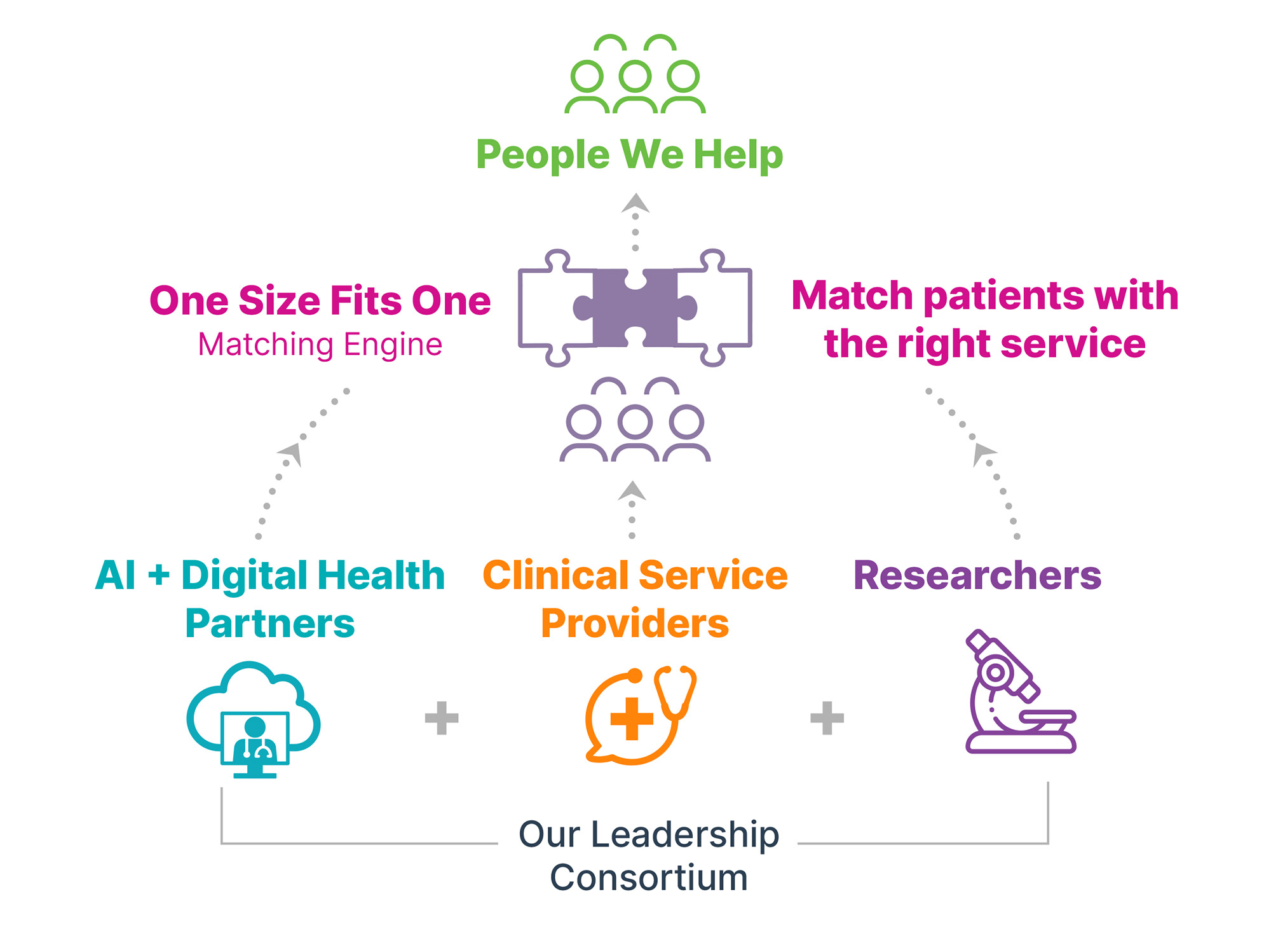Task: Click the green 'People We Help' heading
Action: click(x=629, y=155)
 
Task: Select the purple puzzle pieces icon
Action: click(x=635, y=308)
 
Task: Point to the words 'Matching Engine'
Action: click(x=320, y=345)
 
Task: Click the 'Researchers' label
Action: click(x=977, y=575)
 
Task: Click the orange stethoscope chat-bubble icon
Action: click(x=639, y=715)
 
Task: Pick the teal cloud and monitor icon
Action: click(x=254, y=719)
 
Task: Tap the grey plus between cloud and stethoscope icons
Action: click(x=442, y=718)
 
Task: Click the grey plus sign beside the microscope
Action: click(x=827, y=718)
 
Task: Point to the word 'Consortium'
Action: click(x=648, y=878)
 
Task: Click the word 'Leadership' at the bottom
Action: click(x=684, y=834)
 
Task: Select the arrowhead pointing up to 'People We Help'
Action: click(x=635, y=203)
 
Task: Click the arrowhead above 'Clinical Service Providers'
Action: click(x=632, y=492)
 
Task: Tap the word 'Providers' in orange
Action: click(x=634, y=623)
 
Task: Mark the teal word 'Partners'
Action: click(x=269, y=623)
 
